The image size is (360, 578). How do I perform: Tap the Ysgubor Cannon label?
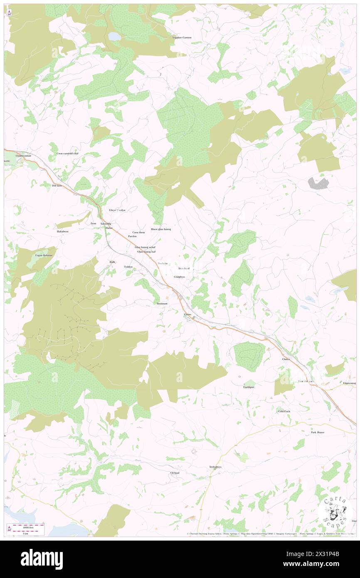182,37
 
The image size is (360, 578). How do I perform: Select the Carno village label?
187,314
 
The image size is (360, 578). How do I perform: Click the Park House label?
318,432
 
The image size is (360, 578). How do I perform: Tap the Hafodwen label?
62,231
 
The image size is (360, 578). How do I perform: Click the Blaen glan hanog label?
161,229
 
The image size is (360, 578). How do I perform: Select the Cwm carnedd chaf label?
67,153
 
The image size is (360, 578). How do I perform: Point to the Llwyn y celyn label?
117,210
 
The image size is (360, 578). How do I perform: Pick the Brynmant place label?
162,304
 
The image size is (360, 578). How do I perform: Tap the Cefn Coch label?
284,411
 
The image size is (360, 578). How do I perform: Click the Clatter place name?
286,359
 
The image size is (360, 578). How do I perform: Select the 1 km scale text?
27,533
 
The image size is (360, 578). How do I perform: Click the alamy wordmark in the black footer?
42,559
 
